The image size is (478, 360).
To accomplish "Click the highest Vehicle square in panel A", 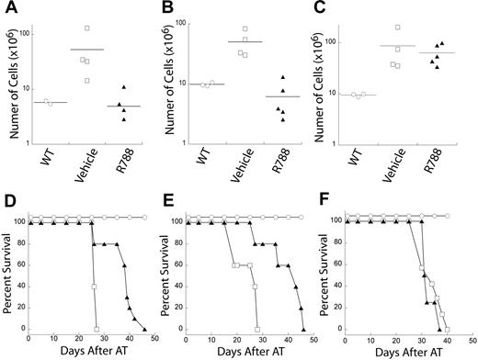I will pos(86,28).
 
